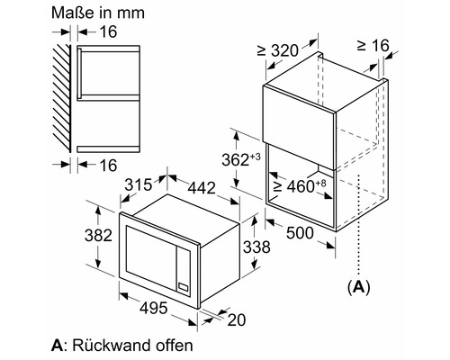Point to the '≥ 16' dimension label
(x=373, y=44)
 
